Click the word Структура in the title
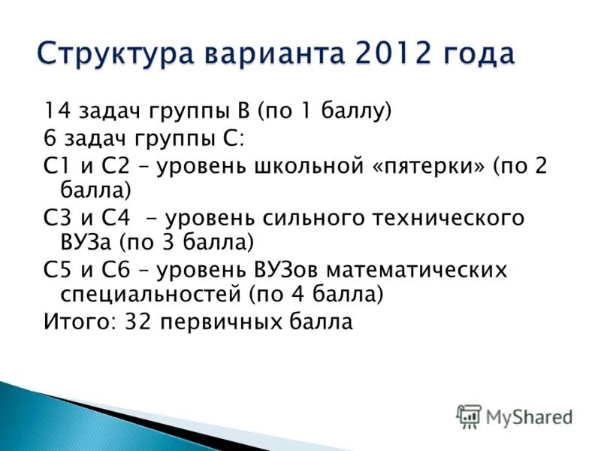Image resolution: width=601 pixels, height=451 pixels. (x=107, y=55)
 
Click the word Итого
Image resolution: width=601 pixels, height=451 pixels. (x=74, y=322)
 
